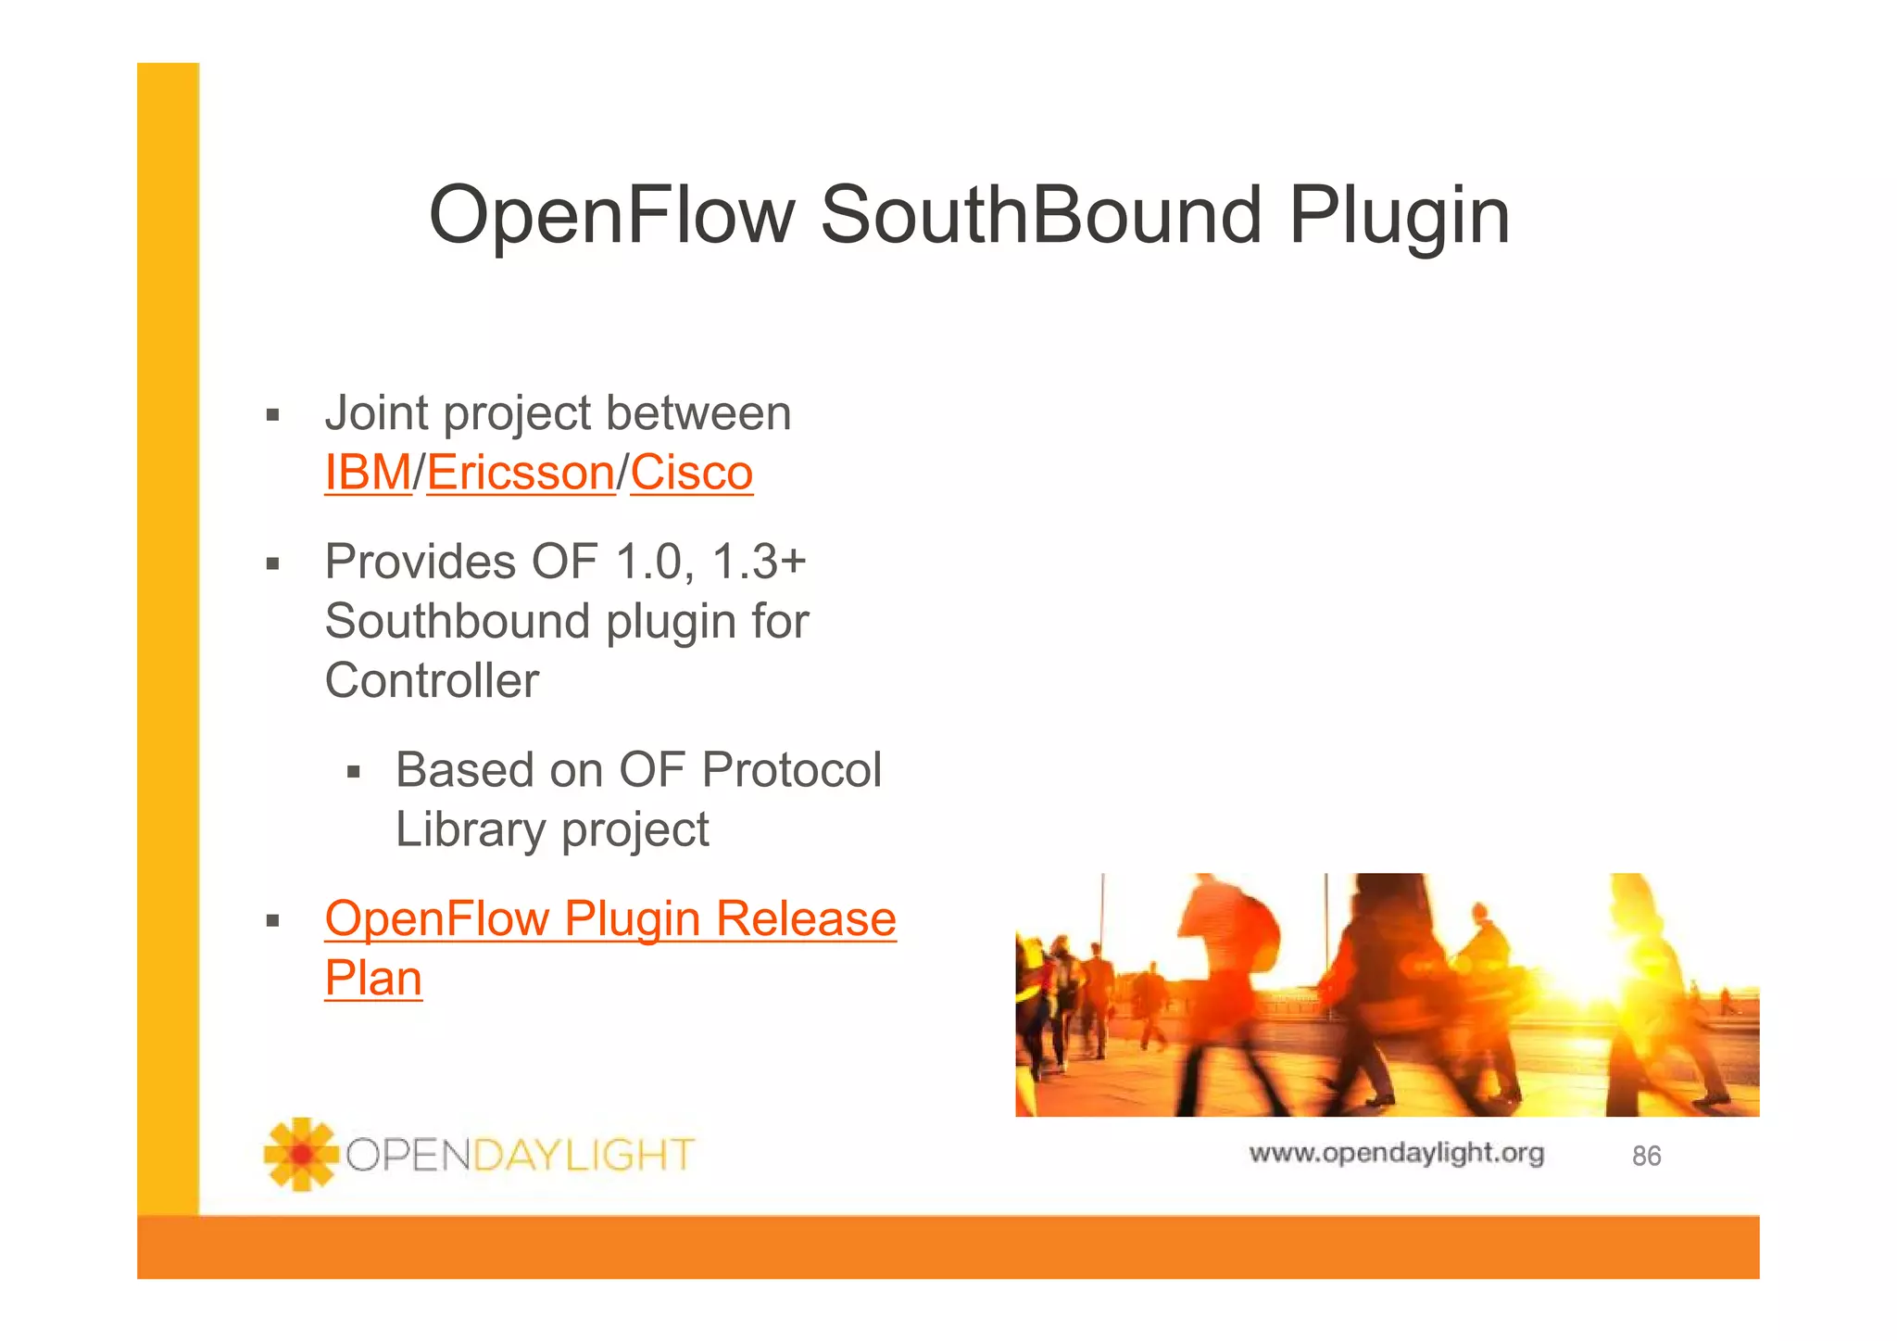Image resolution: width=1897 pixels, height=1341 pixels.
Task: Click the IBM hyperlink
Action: pos(367,473)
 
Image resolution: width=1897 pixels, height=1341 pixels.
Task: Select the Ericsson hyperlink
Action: pos(520,473)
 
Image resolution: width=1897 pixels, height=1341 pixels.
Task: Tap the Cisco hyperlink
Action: pos(691,473)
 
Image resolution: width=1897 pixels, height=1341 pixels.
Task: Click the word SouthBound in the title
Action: pos(1041,215)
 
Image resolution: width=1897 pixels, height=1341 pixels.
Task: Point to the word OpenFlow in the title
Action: pos(611,215)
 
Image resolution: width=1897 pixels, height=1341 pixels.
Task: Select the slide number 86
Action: pos(1646,1156)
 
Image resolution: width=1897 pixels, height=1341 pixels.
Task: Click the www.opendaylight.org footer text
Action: pos(1396,1153)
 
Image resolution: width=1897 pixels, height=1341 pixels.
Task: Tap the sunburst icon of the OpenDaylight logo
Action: pos(300,1154)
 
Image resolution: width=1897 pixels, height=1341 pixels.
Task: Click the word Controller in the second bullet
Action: pos(432,681)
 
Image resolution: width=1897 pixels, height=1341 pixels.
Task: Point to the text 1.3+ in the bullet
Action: pos(759,562)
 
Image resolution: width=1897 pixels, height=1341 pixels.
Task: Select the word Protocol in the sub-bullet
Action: pos(791,770)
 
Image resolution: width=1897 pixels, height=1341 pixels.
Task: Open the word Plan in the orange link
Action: pos(373,979)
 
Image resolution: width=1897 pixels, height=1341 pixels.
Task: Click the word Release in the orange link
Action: pos(805,919)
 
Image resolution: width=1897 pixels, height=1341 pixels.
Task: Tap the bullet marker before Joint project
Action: pos(272,414)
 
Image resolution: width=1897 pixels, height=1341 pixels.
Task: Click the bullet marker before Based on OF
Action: pos(353,771)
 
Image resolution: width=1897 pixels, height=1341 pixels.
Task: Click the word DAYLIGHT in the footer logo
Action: pos(584,1156)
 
